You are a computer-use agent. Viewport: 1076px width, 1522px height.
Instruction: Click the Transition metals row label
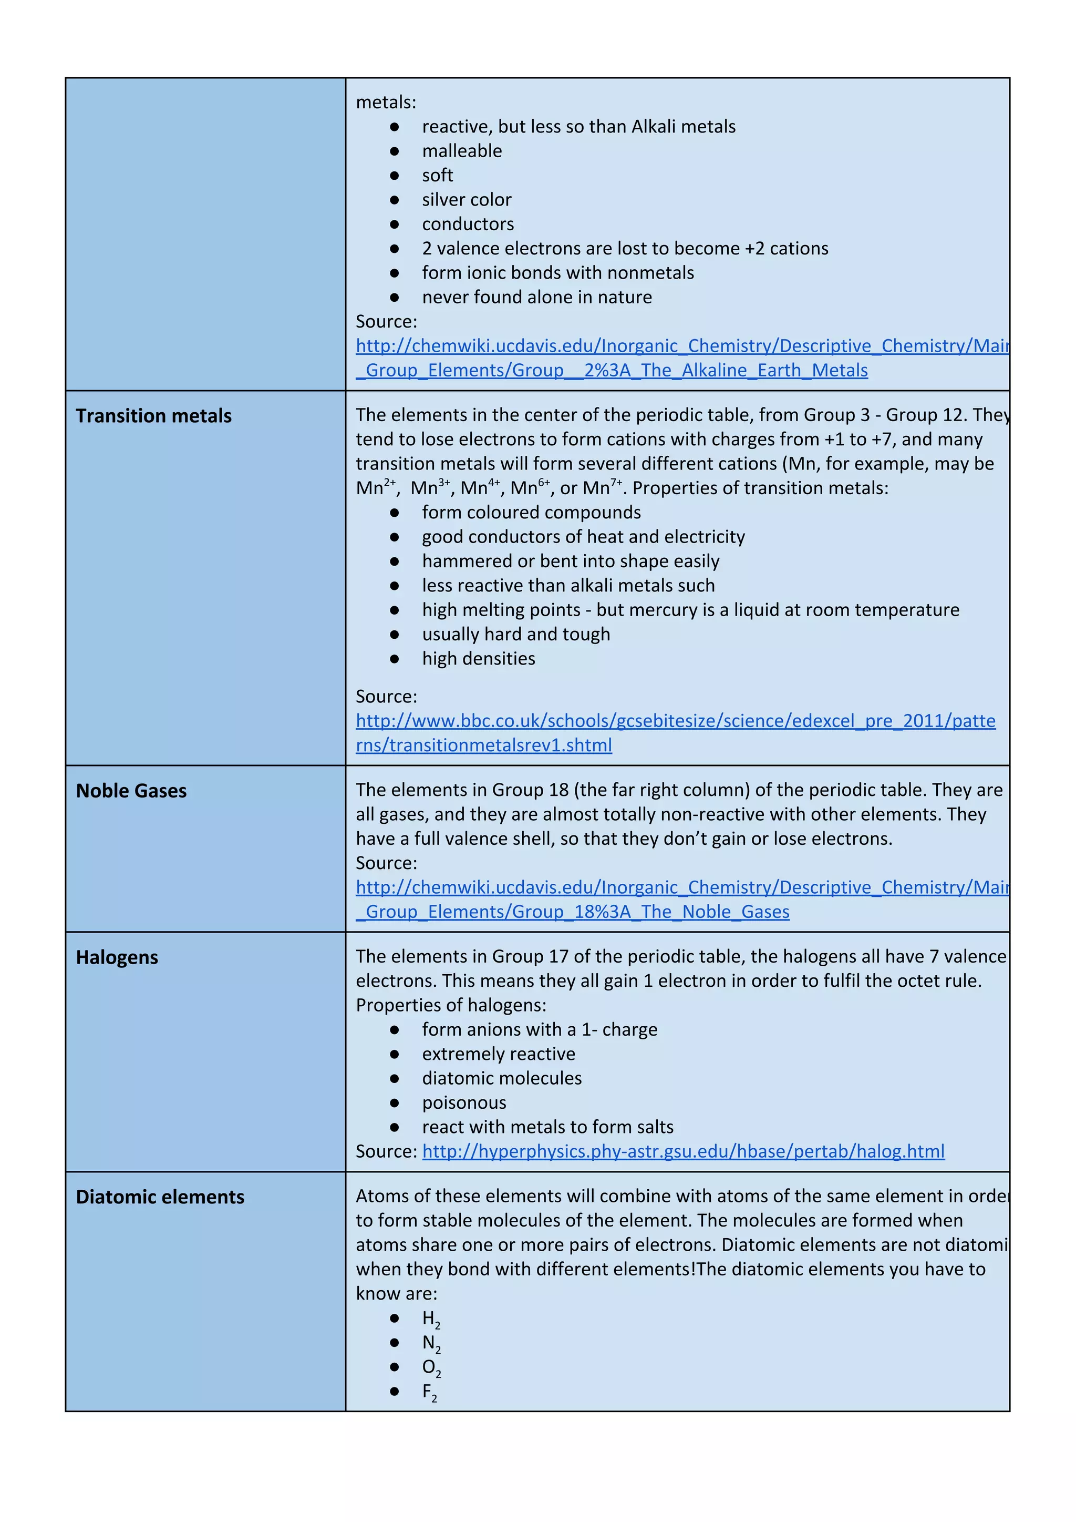coord(154,416)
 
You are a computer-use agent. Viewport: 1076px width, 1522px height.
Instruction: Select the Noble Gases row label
coord(131,790)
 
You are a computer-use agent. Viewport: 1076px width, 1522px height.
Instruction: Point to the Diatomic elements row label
coord(160,1197)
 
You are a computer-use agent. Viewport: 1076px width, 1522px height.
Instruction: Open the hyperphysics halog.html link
coord(683,1151)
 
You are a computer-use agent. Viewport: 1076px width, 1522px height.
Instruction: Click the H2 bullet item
coord(431,1319)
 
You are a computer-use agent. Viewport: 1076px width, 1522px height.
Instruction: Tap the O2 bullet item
coord(431,1367)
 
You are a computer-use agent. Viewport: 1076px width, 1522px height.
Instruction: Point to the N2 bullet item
coord(431,1343)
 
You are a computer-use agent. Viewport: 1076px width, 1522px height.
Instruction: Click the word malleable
coord(462,150)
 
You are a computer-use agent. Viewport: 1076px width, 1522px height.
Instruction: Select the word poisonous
coord(464,1102)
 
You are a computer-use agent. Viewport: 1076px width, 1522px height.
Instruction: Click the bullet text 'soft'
coord(437,175)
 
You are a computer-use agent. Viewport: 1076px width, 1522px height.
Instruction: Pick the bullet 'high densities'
coord(479,658)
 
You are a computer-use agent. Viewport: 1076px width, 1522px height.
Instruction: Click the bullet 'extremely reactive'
coord(498,1054)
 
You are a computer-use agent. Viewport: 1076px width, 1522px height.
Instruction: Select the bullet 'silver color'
coord(467,200)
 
